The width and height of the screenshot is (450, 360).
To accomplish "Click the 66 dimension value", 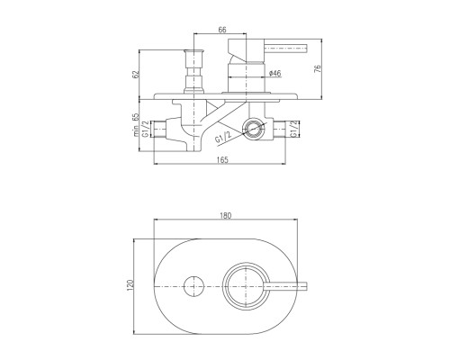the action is coord(222,30).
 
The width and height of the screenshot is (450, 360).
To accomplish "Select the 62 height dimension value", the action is coord(136,74).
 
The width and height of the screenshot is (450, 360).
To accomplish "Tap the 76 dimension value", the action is coord(318,68).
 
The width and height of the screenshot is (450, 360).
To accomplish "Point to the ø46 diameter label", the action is coord(275,73).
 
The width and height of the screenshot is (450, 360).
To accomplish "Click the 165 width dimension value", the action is coord(222,160).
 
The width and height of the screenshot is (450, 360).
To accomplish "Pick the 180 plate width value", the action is coord(226,215).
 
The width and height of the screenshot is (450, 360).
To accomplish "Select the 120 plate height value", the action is coord(130,285).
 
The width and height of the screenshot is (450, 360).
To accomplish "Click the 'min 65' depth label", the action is coord(137,125).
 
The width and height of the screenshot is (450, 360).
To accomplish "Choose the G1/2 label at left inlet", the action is coord(146,129).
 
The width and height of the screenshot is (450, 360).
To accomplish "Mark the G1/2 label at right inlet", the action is coord(294,129).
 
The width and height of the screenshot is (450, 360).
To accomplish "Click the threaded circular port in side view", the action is coord(254,129).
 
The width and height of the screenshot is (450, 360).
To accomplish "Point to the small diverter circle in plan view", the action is coord(193,286).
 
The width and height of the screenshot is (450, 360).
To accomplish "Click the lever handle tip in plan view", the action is coord(305,286).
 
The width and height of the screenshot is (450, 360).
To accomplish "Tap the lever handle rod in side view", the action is coord(286,49).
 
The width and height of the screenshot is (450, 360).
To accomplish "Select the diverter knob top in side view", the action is coord(194,52).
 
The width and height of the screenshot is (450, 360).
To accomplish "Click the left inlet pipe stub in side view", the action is coord(159,130).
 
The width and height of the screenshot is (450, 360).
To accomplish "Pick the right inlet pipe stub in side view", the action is coord(279,130).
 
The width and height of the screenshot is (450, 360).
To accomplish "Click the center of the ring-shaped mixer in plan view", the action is coord(246,286).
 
